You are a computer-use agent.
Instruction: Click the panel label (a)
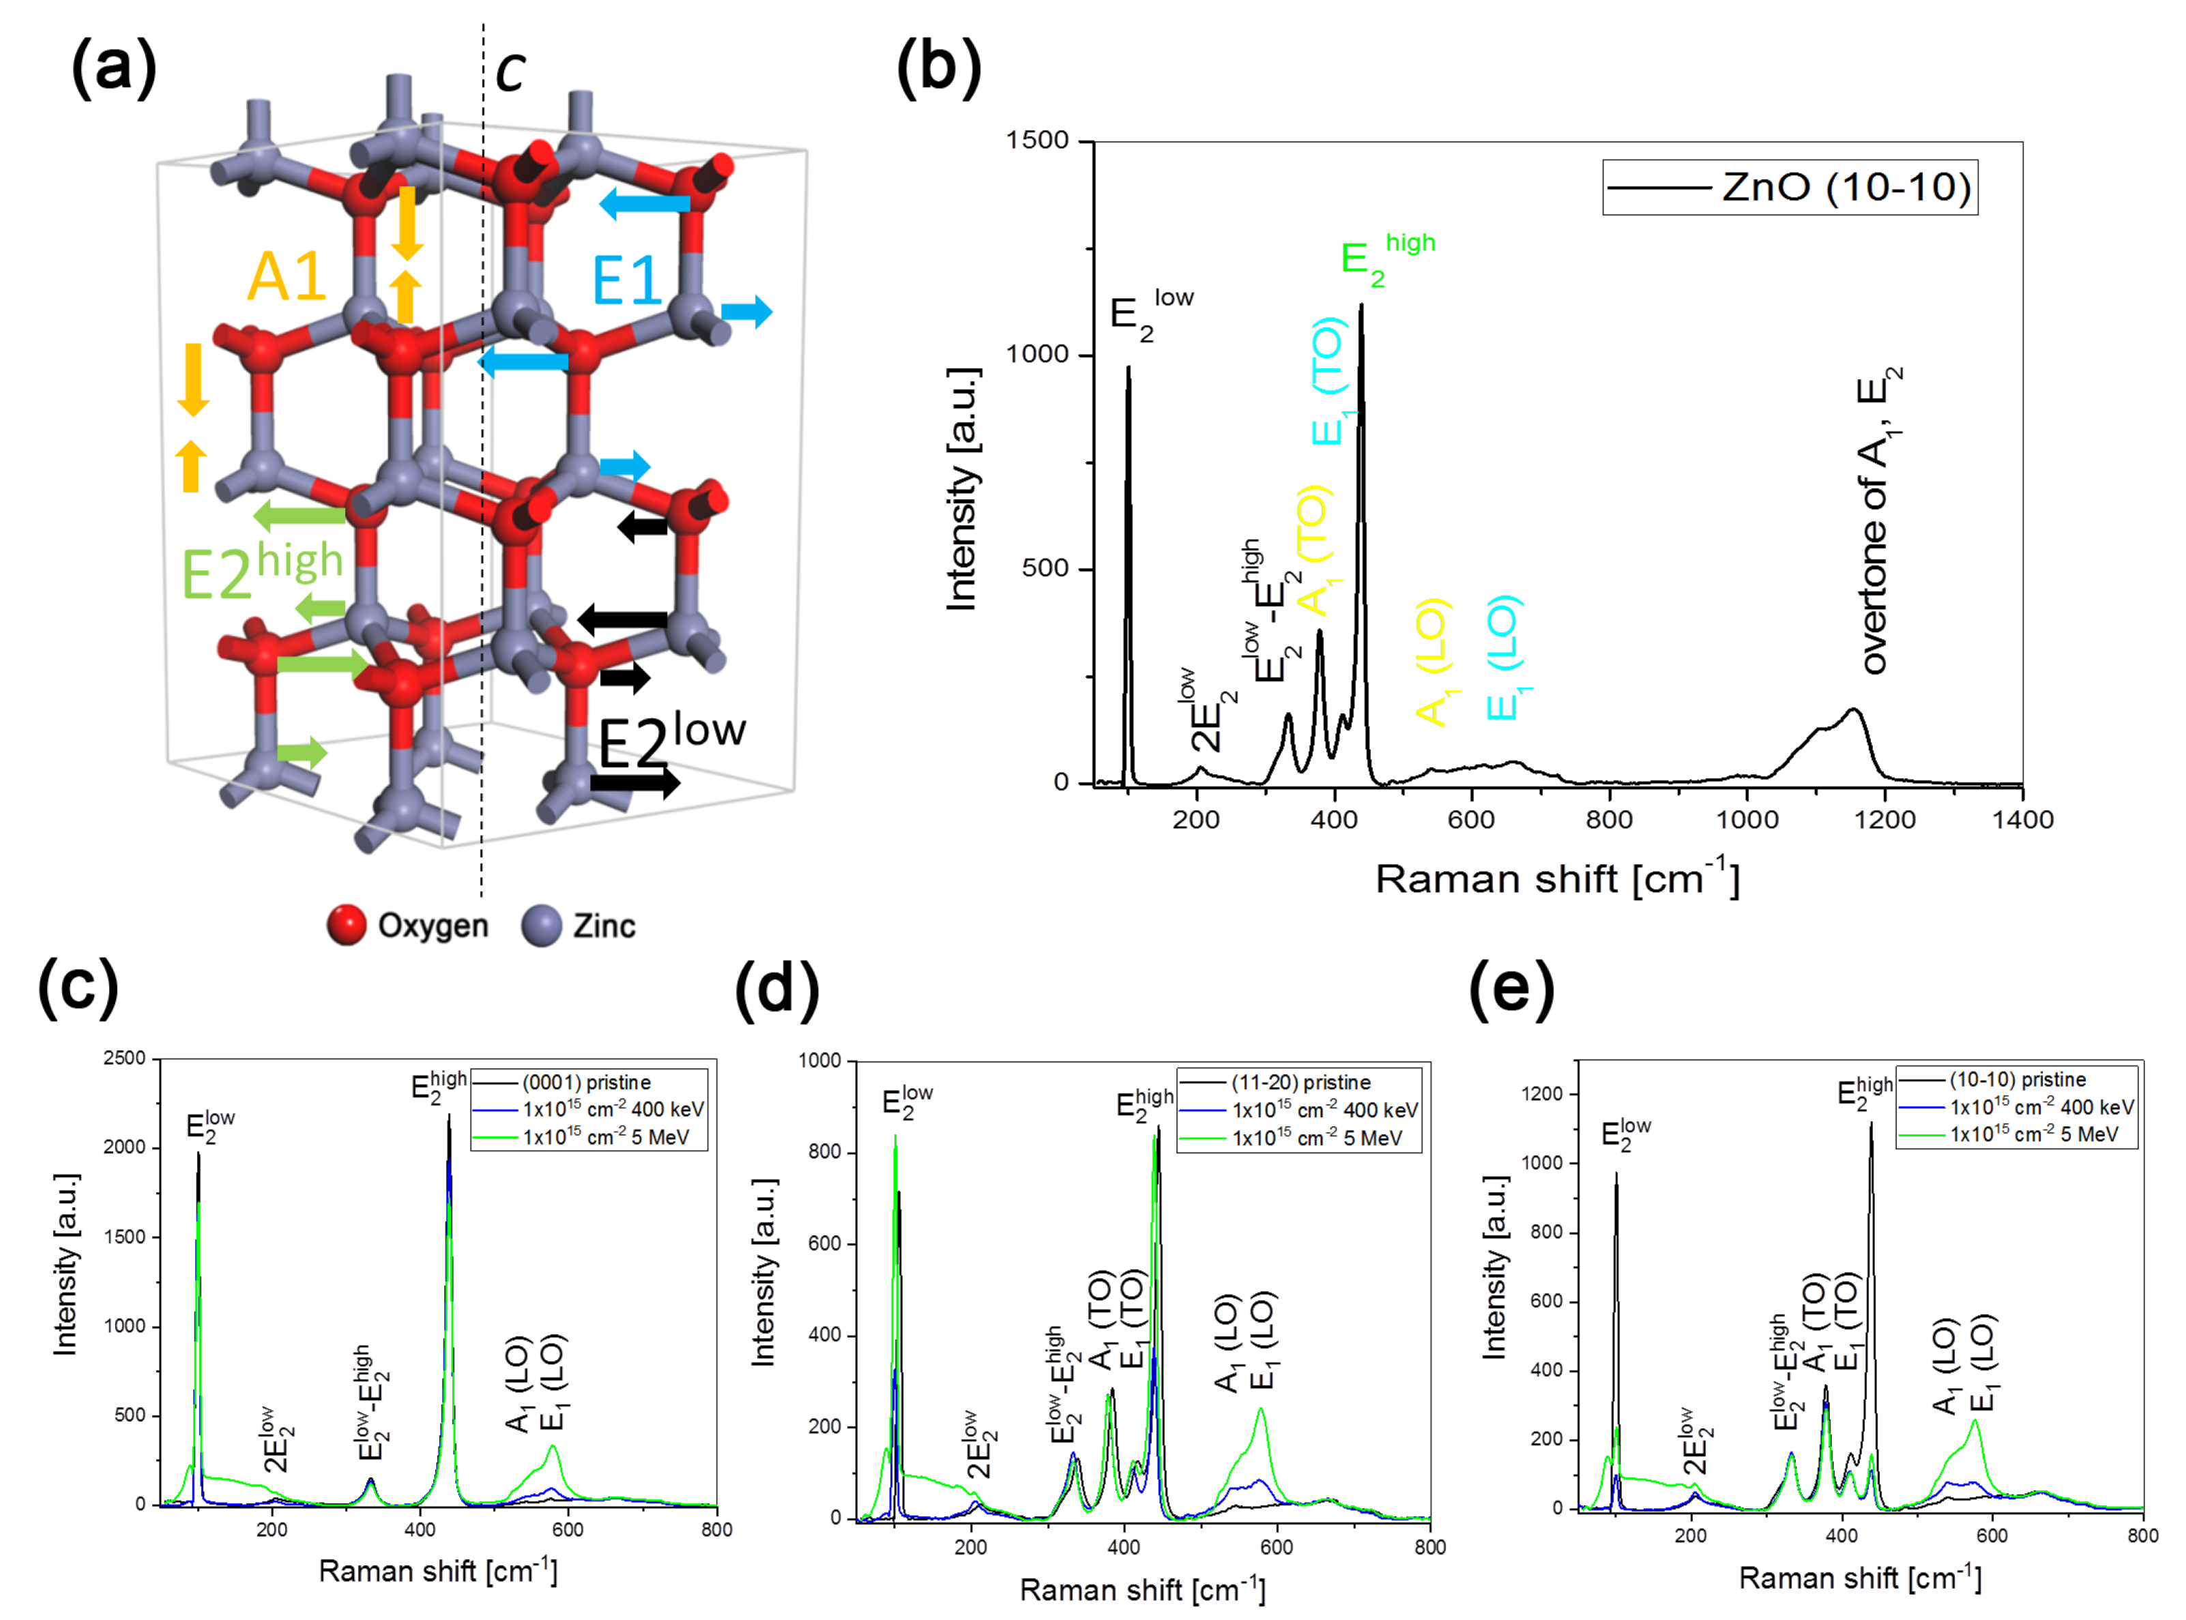click(114, 67)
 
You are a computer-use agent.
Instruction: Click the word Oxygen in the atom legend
click(433, 925)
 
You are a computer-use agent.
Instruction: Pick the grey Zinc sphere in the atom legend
click(541, 925)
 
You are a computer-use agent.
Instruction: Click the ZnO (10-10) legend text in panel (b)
click(1845, 186)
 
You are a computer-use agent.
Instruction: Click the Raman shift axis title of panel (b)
click(1556, 878)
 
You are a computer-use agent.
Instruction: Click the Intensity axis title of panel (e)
click(1493, 1267)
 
